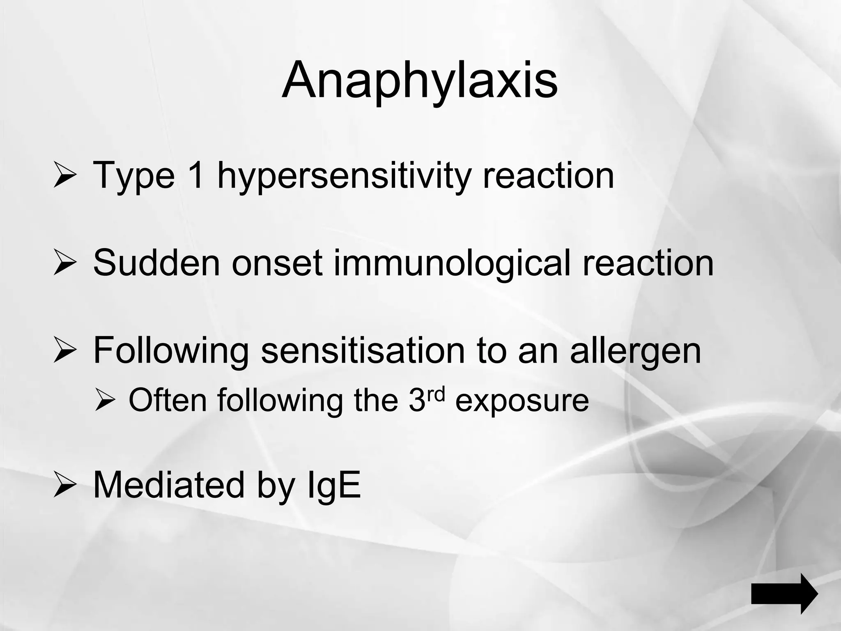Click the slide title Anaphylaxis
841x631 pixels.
[420, 81]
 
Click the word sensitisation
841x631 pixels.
[363, 350]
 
